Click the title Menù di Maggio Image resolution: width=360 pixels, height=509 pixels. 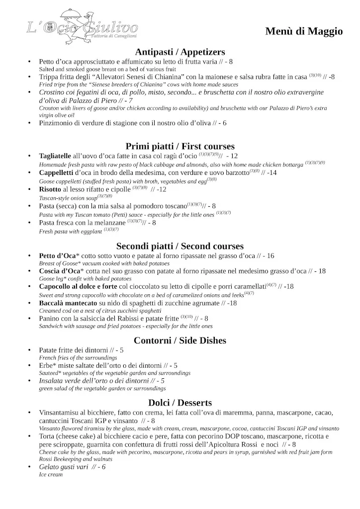[x=304, y=31]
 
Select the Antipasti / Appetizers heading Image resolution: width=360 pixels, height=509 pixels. [x=180, y=52]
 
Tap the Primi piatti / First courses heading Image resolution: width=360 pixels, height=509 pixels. [x=180, y=146]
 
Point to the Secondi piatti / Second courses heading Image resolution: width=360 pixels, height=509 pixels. [x=180, y=246]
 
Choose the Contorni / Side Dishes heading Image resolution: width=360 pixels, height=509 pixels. [x=180, y=340]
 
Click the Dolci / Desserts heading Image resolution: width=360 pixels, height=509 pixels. [x=180, y=403]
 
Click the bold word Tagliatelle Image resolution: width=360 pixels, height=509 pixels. [x=55, y=156]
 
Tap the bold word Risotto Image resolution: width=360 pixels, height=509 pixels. [x=50, y=189]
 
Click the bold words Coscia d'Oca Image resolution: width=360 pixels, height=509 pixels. [x=60, y=271]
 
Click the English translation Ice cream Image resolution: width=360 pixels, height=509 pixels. [x=51, y=475]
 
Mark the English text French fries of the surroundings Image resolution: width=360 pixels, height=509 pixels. [x=78, y=357]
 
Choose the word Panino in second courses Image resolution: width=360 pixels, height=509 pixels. [x=51, y=318]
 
